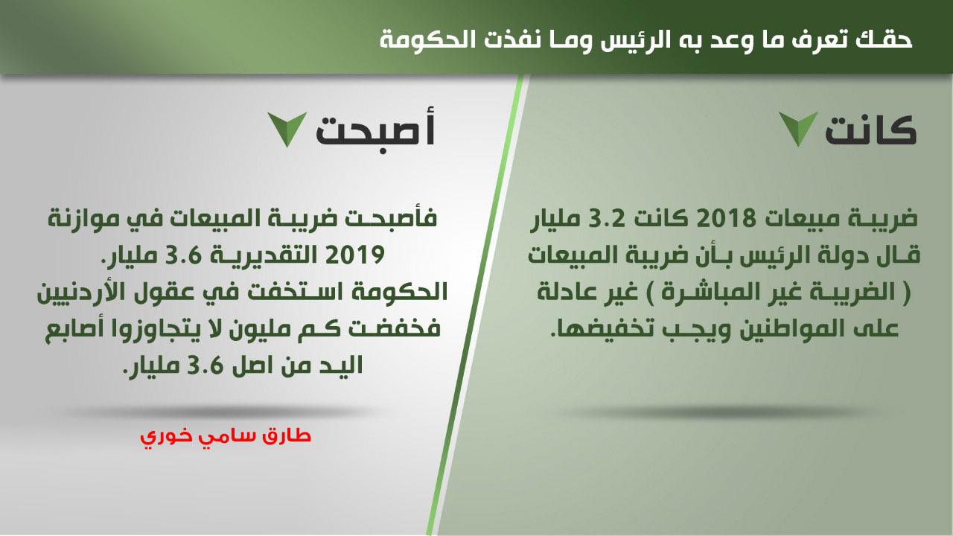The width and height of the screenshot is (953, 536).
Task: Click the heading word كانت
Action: (870, 130)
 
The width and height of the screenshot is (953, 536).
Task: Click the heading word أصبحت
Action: (375, 130)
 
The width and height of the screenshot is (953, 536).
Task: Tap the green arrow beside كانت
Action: (798, 129)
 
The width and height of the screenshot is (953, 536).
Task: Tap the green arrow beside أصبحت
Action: (287, 129)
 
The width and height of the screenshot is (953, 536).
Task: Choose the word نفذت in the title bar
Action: (521, 39)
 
